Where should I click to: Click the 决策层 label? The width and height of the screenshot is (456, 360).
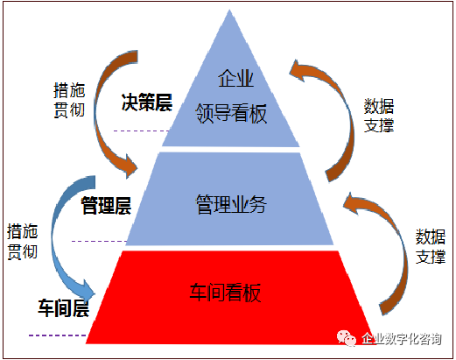click(x=147, y=102)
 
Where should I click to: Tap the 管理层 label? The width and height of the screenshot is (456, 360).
click(x=106, y=205)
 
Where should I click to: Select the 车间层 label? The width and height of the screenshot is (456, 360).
click(x=63, y=308)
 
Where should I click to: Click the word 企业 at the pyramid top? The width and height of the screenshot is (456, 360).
click(x=235, y=78)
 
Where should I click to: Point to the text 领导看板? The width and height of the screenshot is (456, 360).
click(x=231, y=113)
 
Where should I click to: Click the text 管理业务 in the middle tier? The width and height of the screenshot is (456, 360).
click(x=231, y=204)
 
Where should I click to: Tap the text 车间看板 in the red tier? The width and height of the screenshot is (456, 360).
click(x=225, y=293)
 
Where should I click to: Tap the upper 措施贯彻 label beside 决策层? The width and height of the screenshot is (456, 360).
click(x=69, y=100)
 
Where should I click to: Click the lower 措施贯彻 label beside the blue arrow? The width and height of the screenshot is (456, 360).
click(x=23, y=242)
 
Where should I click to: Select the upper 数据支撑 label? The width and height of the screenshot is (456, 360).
click(x=379, y=115)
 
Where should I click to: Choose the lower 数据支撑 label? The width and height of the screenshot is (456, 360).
click(x=431, y=246)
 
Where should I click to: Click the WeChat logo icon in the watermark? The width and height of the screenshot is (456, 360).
click(x=347, y=338)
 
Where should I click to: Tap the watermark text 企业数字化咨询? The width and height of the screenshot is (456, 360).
click(x=402, y=339)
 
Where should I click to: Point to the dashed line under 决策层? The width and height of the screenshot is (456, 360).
click(x=142, y=131)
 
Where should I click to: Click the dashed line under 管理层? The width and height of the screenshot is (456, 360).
click(x=99, y=241)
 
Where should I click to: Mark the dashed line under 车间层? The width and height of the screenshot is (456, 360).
click(x=57, y=335)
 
